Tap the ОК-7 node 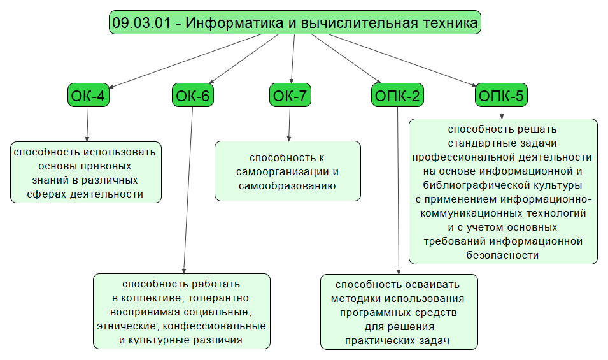point(290,96)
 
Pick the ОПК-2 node point(397,96)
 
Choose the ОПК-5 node point(501,96)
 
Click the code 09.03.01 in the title point(140,24)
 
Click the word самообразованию point(286,186)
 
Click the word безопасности point(503,255)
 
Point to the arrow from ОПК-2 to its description point(398,191)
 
